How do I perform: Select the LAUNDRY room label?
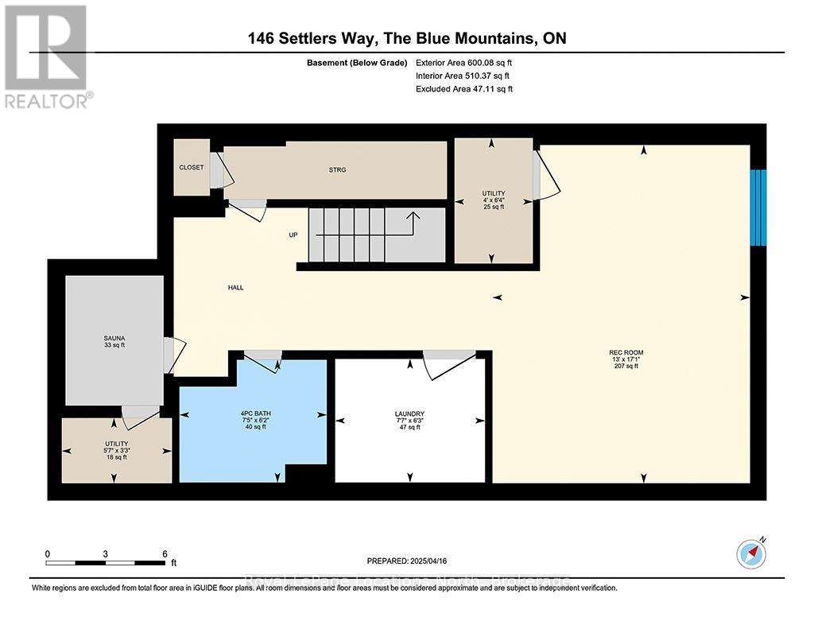click(409, 414)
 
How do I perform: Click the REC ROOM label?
click(626, 352)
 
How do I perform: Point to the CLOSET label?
click(191, 168)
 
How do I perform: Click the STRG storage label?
click(336, 169)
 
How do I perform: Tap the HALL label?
click(235, 288)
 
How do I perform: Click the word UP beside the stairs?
click(293, 235)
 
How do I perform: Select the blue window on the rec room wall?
click(759, 208)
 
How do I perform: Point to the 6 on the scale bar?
click(164, 553)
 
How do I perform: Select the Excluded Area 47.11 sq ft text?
click(464, 90)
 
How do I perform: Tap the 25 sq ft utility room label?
click(493, 206)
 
